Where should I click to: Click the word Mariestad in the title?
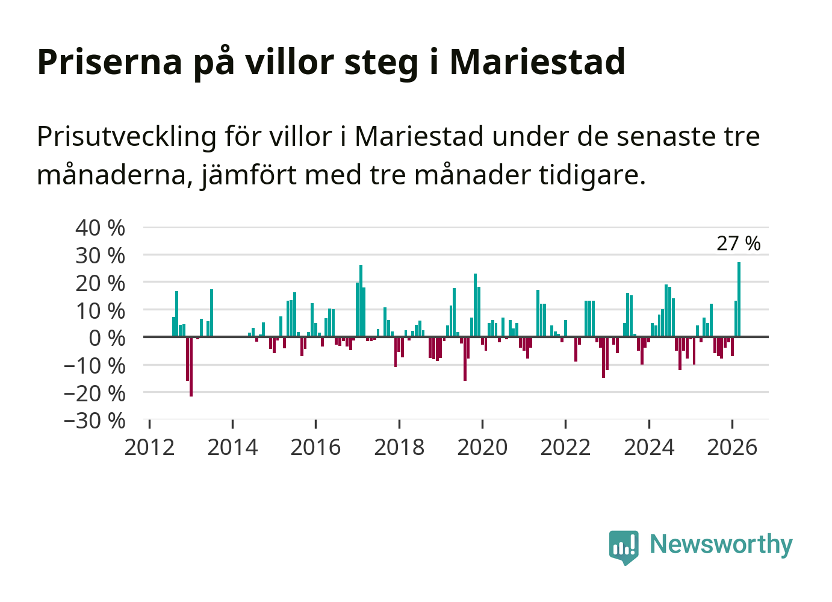point(537,61)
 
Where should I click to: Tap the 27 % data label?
point(738,243)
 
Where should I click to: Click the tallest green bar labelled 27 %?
point(739,299)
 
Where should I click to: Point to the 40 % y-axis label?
point(100,228)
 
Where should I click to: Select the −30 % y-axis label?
point(95,421)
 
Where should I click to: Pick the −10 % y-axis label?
point(95,366)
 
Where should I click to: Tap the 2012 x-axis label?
point(149,448)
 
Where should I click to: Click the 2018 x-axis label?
point(399,448)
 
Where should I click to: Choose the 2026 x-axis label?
point(732,448)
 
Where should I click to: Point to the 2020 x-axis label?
point(482,448)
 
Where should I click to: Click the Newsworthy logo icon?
point(623,547)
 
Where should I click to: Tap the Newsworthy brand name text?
point(721,544)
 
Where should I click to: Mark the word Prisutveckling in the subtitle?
point(126,137)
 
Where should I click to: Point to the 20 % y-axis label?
point(100,283)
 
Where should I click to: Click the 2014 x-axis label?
point(232,448)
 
